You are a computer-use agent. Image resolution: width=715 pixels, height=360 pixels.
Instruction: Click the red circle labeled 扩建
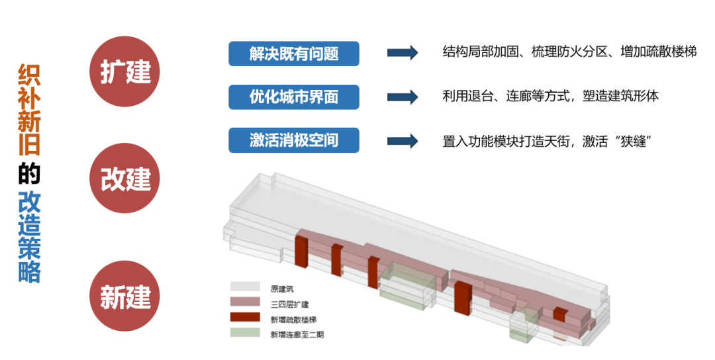(x=126, y=71)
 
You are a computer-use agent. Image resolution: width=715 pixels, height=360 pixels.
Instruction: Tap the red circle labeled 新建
(x=126, y=296)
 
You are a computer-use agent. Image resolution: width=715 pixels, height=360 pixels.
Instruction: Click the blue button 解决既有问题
(x=294, y=54)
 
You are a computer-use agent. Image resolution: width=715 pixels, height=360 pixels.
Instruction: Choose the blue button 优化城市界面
(x=294, y=97)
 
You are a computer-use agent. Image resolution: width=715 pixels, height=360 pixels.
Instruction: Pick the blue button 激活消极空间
(x=294, y=140)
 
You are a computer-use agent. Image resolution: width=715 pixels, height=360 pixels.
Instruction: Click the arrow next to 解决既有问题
(x=403, y=53)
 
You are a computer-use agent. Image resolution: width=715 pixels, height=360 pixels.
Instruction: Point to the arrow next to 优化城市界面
(x=403, y=97)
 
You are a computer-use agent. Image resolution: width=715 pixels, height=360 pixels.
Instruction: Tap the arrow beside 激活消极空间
(x=403, y=140)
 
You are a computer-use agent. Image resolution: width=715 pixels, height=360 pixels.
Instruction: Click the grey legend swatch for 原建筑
(x=245, y=287)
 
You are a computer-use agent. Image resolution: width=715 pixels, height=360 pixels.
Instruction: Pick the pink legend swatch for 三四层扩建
(x=245, y=302)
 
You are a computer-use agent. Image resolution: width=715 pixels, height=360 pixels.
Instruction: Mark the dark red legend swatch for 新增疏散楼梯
(x=245, y=318)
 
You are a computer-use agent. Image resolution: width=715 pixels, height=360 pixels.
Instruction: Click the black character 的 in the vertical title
(x=30, y=173)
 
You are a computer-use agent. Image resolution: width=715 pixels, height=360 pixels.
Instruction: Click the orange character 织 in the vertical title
(x=30, y=75)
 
